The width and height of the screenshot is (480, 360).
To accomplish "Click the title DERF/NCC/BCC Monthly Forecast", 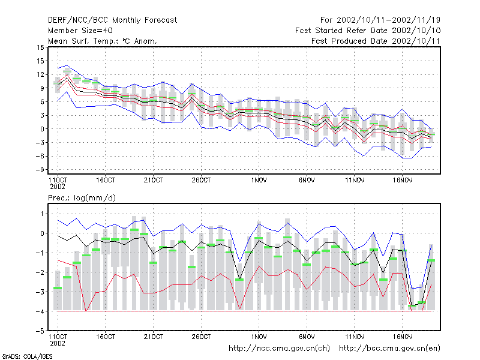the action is (112, 20).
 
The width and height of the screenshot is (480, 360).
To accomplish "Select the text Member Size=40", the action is (80, 31).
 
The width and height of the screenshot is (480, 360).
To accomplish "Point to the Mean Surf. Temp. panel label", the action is (102, 41).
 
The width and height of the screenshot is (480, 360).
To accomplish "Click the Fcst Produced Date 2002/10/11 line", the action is (376, 41).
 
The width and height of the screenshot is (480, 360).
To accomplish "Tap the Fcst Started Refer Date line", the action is (368, 31).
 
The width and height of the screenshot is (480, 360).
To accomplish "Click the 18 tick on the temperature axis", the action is (40, 47).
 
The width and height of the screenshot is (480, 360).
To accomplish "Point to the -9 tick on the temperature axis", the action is (40, 170).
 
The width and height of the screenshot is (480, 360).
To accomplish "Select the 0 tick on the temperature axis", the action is (42, 129).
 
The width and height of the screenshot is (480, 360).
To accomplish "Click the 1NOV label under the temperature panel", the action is (259, 181).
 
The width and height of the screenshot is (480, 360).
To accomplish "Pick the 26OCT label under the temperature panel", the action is (201, 181).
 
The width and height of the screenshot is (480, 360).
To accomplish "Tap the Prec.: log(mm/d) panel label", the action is (82, 198).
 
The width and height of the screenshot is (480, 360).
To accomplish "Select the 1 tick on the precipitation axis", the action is (42, 214).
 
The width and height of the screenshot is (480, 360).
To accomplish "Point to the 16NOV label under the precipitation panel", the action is (403, 337).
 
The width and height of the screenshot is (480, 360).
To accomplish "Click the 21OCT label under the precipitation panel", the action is (154, 337).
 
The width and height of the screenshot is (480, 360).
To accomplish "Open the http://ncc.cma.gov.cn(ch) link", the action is (279, 349).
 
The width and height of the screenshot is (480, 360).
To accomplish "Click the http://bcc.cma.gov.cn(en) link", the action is (389, 349).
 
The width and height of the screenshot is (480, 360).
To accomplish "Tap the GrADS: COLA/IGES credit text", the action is (27, 356).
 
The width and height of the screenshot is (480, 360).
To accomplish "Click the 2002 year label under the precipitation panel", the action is (58, 343).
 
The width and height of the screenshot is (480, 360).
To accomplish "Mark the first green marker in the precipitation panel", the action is (58, 288).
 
